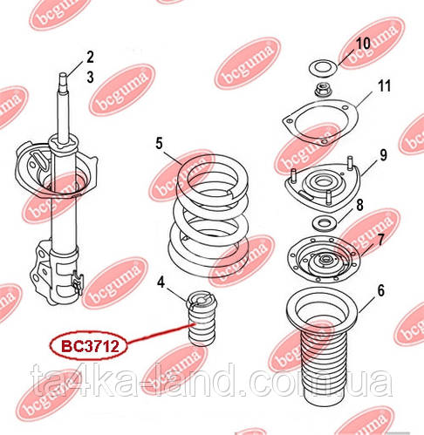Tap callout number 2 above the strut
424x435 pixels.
(x=89, y=58)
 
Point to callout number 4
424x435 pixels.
(x=161, y=281)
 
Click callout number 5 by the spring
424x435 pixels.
(x=160, y=141)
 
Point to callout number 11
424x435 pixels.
(x=384, y=85)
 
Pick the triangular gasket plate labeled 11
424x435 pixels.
(x=319, y=125)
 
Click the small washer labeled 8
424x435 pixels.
(x=321, y=222)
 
